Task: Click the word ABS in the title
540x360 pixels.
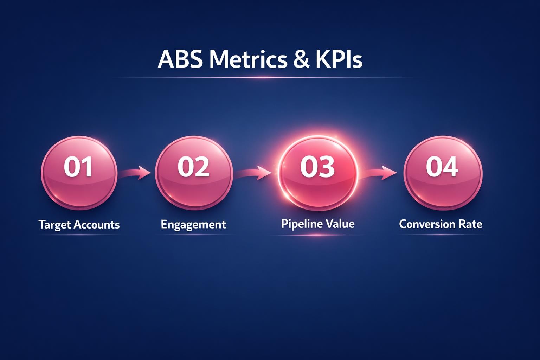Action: point(180,59)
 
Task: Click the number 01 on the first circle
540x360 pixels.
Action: point(78,167)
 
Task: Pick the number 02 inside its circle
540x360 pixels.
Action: point(193,167)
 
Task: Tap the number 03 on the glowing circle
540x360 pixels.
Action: point(317,167)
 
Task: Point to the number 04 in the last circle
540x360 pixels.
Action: point(442,167)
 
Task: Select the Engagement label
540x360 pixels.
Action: point(193,225)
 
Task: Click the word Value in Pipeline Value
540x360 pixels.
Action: point(340,224)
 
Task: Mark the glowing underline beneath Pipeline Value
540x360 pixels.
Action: point(317,235)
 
